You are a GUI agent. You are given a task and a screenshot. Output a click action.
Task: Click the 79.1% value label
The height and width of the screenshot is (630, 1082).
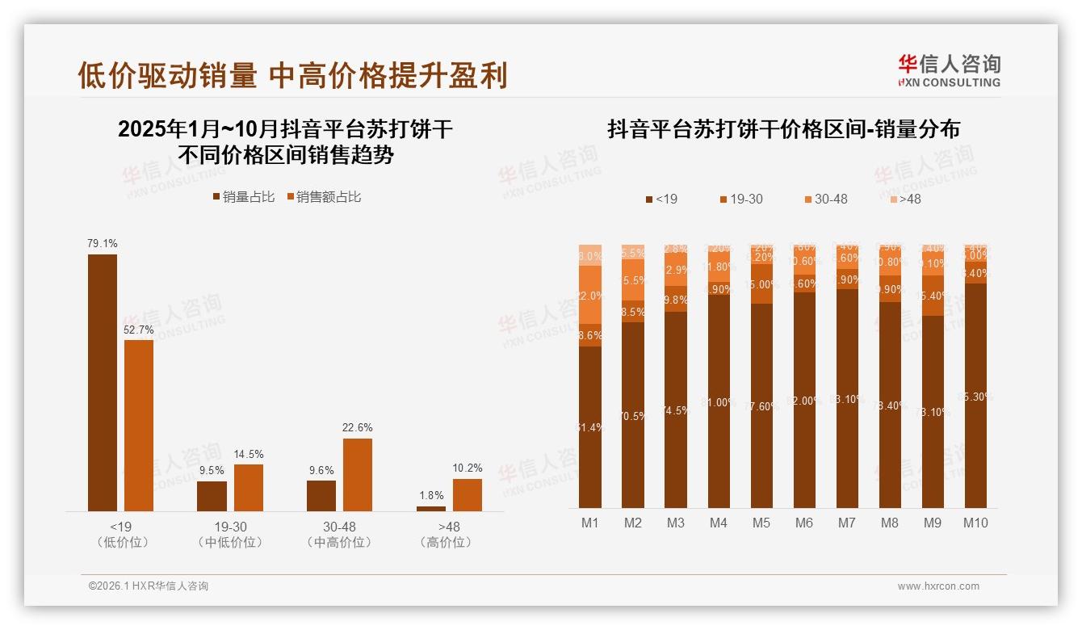pyautogui.click(x=103, y=243)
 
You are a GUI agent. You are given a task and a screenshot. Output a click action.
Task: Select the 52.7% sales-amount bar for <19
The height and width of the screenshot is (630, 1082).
pyautogui.click(x=139, y=425)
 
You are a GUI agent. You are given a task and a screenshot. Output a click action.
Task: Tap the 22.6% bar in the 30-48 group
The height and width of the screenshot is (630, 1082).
pyautogui.click(x=358, y=474)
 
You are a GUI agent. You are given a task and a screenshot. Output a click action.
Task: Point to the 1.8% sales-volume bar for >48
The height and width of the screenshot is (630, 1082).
pyautogui.click(x=431, y=508)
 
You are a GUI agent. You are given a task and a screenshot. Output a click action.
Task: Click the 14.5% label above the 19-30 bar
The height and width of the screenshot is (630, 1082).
pyautogui.click(x=249, y=454)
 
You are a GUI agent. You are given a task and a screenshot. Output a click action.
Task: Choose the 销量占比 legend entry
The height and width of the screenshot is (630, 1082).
pyautogui.click(x=244, y=197)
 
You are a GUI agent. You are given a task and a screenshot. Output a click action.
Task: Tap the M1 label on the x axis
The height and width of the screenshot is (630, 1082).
pyautogui.click(x=590, y=523)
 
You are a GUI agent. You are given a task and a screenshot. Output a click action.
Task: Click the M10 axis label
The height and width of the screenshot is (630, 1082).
pyautogui.click(x=975, y=523)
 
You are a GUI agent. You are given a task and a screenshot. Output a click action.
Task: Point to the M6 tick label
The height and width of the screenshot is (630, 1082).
pyautogui.click(x=804, y=523)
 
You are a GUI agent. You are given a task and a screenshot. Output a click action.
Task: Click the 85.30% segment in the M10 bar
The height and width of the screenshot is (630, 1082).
pyautogui.click(x=975, y=396)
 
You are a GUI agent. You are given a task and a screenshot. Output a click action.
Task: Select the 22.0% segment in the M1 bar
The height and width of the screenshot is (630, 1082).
pyautogui.click(x=590, y=295)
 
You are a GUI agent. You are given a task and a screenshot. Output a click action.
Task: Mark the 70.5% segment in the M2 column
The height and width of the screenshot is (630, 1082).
pyautogui.click(x=633, y=415)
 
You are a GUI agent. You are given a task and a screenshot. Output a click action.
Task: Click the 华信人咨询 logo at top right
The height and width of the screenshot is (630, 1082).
pyautogui.click(x=949, y=69)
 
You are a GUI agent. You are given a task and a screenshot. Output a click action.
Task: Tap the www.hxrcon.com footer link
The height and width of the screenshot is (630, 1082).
pyautogui.click(x=938, y=586)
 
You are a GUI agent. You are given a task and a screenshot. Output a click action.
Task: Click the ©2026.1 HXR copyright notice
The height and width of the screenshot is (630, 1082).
pyautogui.click(x=149, y=586)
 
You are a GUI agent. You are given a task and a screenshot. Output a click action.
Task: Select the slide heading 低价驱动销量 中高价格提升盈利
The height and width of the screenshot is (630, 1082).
pyautogui.click(x=292, y=75)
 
